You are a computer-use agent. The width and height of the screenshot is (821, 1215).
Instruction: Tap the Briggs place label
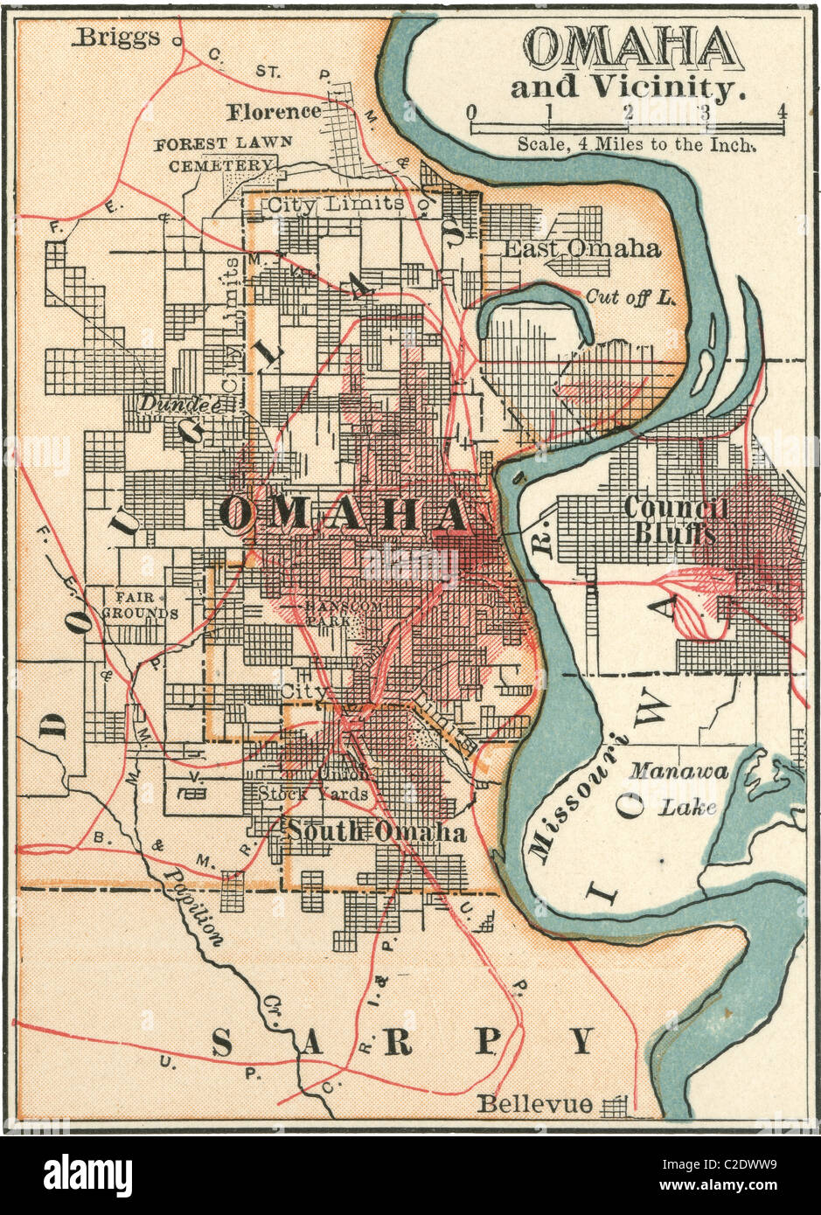(x=118, y=37)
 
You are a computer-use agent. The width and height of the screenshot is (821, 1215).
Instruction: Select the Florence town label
(x=275, y=112)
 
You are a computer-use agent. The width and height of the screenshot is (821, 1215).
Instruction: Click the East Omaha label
(x=582, y=248)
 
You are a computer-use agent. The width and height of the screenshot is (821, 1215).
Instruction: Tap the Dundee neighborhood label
(x=177, y=403)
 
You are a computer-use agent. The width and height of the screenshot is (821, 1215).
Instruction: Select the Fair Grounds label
(x=141, y=605)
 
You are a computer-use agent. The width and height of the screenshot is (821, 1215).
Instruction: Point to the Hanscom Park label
(x=327, y=612)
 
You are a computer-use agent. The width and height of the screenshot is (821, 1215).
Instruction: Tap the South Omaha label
(x=377, y=832)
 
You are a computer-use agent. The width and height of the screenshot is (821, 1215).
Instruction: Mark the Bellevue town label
(x=534, y=1104)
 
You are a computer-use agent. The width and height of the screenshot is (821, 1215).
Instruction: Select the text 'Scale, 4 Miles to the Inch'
(x=637, y=144)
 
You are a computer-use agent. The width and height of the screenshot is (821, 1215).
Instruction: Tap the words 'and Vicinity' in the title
(x=628, y=88)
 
